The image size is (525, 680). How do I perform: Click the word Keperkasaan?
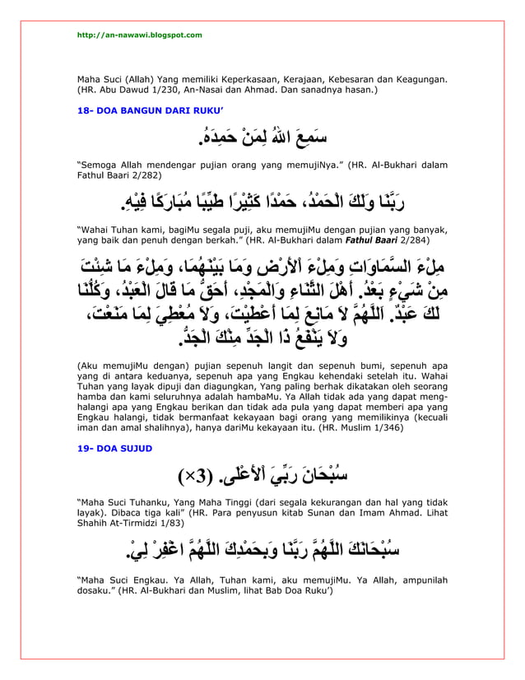[x=230, y=79]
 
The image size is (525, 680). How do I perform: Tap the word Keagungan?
[x=420, y=79]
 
